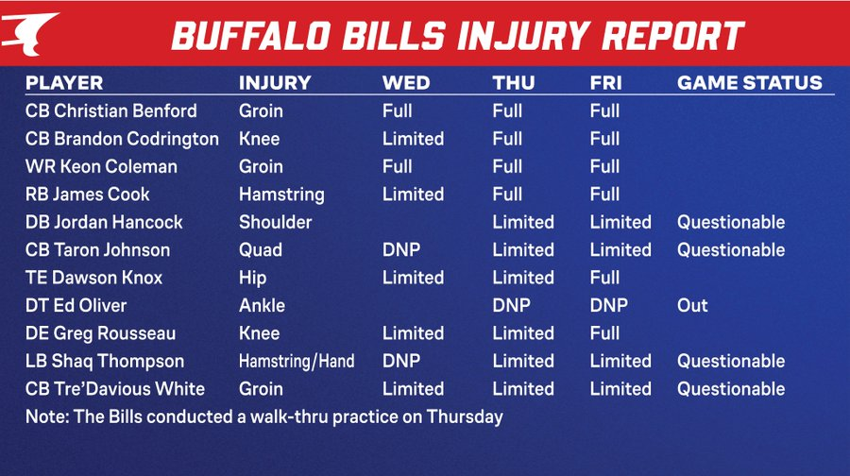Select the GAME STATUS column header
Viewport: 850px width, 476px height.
749,82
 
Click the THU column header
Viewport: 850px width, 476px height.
514,82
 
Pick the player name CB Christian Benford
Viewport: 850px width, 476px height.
111,110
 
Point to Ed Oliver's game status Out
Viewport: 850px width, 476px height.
692,305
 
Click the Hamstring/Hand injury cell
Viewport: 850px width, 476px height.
297,361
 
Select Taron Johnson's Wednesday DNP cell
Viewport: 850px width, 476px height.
401,250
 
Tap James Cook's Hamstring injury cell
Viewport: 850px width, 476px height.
281,195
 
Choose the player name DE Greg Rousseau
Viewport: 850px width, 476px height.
100,333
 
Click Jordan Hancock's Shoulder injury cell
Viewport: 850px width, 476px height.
276,222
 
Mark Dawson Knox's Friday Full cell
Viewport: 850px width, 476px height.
604,278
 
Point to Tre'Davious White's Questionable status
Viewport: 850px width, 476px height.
731,389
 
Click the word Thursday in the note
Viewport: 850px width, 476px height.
465,416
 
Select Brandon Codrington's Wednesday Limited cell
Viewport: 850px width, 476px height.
413,139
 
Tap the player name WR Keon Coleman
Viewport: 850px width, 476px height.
101,166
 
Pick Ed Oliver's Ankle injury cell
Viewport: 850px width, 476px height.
262,305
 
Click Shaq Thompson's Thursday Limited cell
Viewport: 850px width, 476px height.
523,361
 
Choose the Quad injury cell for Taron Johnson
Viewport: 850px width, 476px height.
261,250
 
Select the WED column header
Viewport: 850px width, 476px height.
406,82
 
